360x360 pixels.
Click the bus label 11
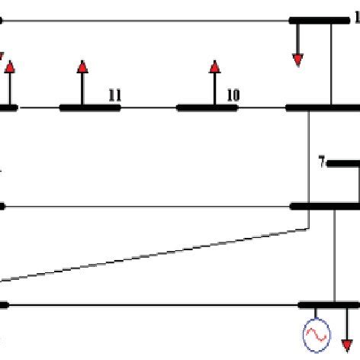click(114, 95)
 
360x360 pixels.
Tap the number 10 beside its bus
click(233, 95)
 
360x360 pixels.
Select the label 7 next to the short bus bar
click(322, 162)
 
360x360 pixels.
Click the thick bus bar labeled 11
click(90, 108)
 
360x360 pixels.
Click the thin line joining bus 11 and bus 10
click(149, 108)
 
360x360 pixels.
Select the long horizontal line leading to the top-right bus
click(145, 21)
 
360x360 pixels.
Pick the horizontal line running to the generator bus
click(153, 304)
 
